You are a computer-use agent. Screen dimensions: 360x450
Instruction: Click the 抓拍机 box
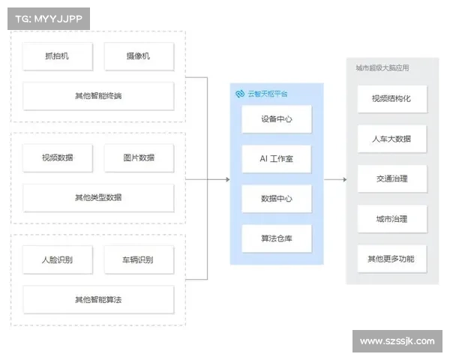tap(57, 56)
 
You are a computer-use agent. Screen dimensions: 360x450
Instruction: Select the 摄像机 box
tap(139, 56)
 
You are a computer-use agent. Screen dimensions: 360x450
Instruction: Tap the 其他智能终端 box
tap(98, 96)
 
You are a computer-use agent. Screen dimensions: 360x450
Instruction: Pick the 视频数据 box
tap(57, 157)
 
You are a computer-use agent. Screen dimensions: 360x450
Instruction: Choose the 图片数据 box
tap(139, 157)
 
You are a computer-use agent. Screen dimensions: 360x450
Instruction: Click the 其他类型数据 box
tap(98, 198)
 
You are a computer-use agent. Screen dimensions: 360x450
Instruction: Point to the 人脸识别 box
tap(57, 259)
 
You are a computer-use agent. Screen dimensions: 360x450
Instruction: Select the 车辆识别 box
tap(139, 259)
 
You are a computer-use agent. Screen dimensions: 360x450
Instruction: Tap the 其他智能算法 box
tap(98, 300)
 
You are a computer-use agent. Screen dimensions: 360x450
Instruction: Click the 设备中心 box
tap(276, 119)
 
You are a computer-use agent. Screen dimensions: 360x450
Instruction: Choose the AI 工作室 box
tap(276, 159)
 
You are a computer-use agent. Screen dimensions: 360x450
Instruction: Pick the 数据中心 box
tap(276, 199)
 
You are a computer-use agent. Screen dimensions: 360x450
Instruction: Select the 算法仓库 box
tap(276, 238)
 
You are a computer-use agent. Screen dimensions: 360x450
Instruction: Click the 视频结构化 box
tap(391, 98)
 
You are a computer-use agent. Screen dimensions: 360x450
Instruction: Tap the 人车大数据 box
tap(391, 139)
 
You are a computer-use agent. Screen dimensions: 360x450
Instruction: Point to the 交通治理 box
tap(391, 178)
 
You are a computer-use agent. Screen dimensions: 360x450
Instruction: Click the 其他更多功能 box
tap(391, 259)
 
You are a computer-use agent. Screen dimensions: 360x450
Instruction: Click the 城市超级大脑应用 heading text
tap(382, 68)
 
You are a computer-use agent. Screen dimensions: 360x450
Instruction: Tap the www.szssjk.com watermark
tap(397, 341)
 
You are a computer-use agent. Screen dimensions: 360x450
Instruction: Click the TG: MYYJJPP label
tap(47, 18)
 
